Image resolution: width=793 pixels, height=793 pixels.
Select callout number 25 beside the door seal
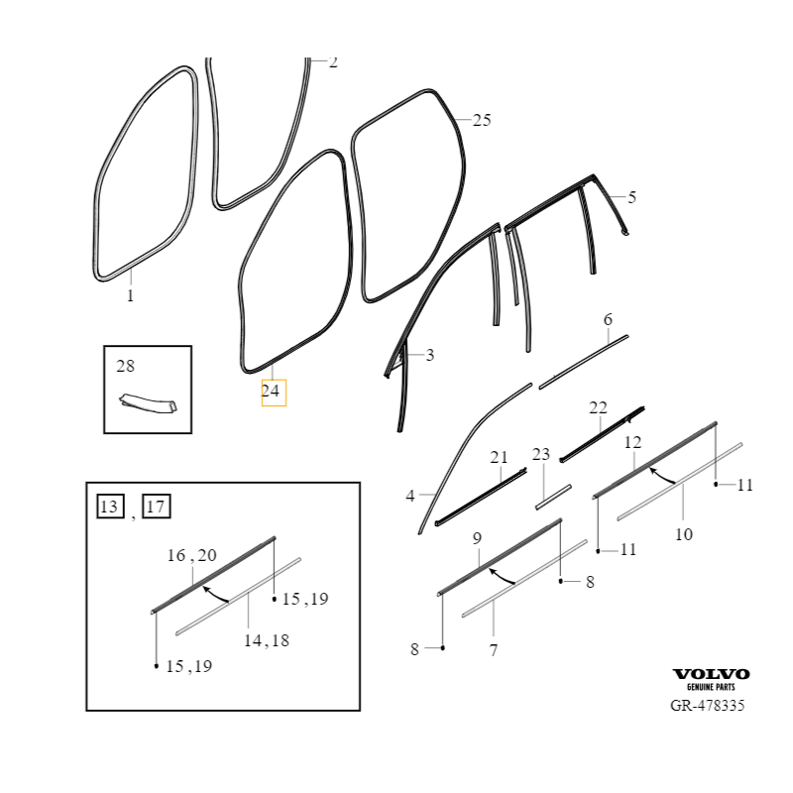pos(482,120)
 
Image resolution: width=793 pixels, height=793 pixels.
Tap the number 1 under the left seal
pos(131,295)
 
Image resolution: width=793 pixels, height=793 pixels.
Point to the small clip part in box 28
pos(148,402)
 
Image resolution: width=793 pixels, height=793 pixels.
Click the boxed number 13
pos(110,507)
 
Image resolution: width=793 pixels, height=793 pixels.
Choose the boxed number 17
pos(157,507)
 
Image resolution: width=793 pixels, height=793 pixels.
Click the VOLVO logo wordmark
pos(711,674)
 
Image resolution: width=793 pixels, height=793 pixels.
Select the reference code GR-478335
pos(707,706)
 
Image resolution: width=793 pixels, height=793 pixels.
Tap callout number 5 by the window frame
pos(631,197)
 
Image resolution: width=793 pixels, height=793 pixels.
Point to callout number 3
pos(430,355)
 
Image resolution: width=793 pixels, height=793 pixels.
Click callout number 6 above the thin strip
pos(608,319)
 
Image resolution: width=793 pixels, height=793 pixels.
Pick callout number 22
pos(598,407)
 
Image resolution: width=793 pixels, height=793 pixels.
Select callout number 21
pos(499,457)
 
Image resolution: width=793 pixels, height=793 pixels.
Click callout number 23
pos(540,454)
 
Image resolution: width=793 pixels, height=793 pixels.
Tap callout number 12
pos(632,442)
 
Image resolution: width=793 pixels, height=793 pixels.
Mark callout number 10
pos(684,534)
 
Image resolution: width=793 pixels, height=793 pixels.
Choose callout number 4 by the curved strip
pos(410,497)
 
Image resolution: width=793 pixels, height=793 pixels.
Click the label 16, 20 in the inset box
pos(191,555)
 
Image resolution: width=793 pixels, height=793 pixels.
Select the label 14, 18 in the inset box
pos(267,640)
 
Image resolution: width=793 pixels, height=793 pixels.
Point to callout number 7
pos(494,650)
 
